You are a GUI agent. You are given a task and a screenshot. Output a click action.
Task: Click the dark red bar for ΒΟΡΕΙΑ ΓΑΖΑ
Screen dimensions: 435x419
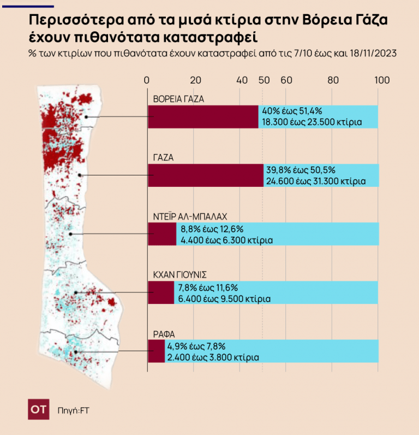[x=203, y=116]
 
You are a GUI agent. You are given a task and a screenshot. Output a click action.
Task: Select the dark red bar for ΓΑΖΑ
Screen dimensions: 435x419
[x=206, y=175]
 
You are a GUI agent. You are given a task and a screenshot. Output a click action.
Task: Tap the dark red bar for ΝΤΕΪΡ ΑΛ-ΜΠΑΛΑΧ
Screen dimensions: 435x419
[x=162, y=234]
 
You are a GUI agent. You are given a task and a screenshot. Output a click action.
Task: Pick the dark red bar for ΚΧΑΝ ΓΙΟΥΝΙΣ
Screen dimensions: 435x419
[x=161, y=293]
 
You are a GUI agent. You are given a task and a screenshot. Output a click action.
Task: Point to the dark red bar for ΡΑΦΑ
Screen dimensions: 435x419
[x=157, y=351]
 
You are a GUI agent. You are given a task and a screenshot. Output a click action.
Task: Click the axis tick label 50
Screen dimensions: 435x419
[x=264, y=80]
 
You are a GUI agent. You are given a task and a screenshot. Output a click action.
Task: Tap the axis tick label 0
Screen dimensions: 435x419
[x=146, y=80]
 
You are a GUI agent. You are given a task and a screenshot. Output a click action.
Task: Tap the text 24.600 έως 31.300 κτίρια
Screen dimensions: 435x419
[x=315, y=180]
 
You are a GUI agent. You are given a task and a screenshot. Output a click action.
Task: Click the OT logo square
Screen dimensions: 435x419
[x=39, y=409]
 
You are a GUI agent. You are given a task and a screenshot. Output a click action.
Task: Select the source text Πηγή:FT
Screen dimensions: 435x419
[x=73, y=410]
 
